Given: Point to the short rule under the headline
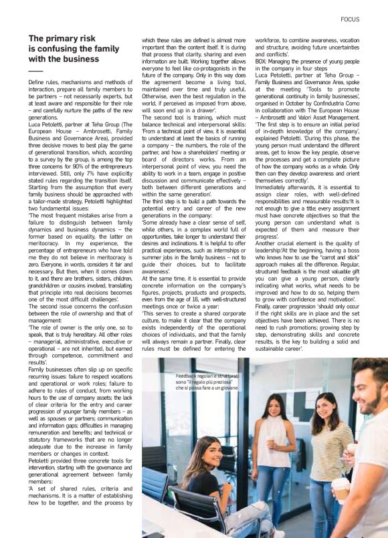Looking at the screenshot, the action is (x=35, y=71).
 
